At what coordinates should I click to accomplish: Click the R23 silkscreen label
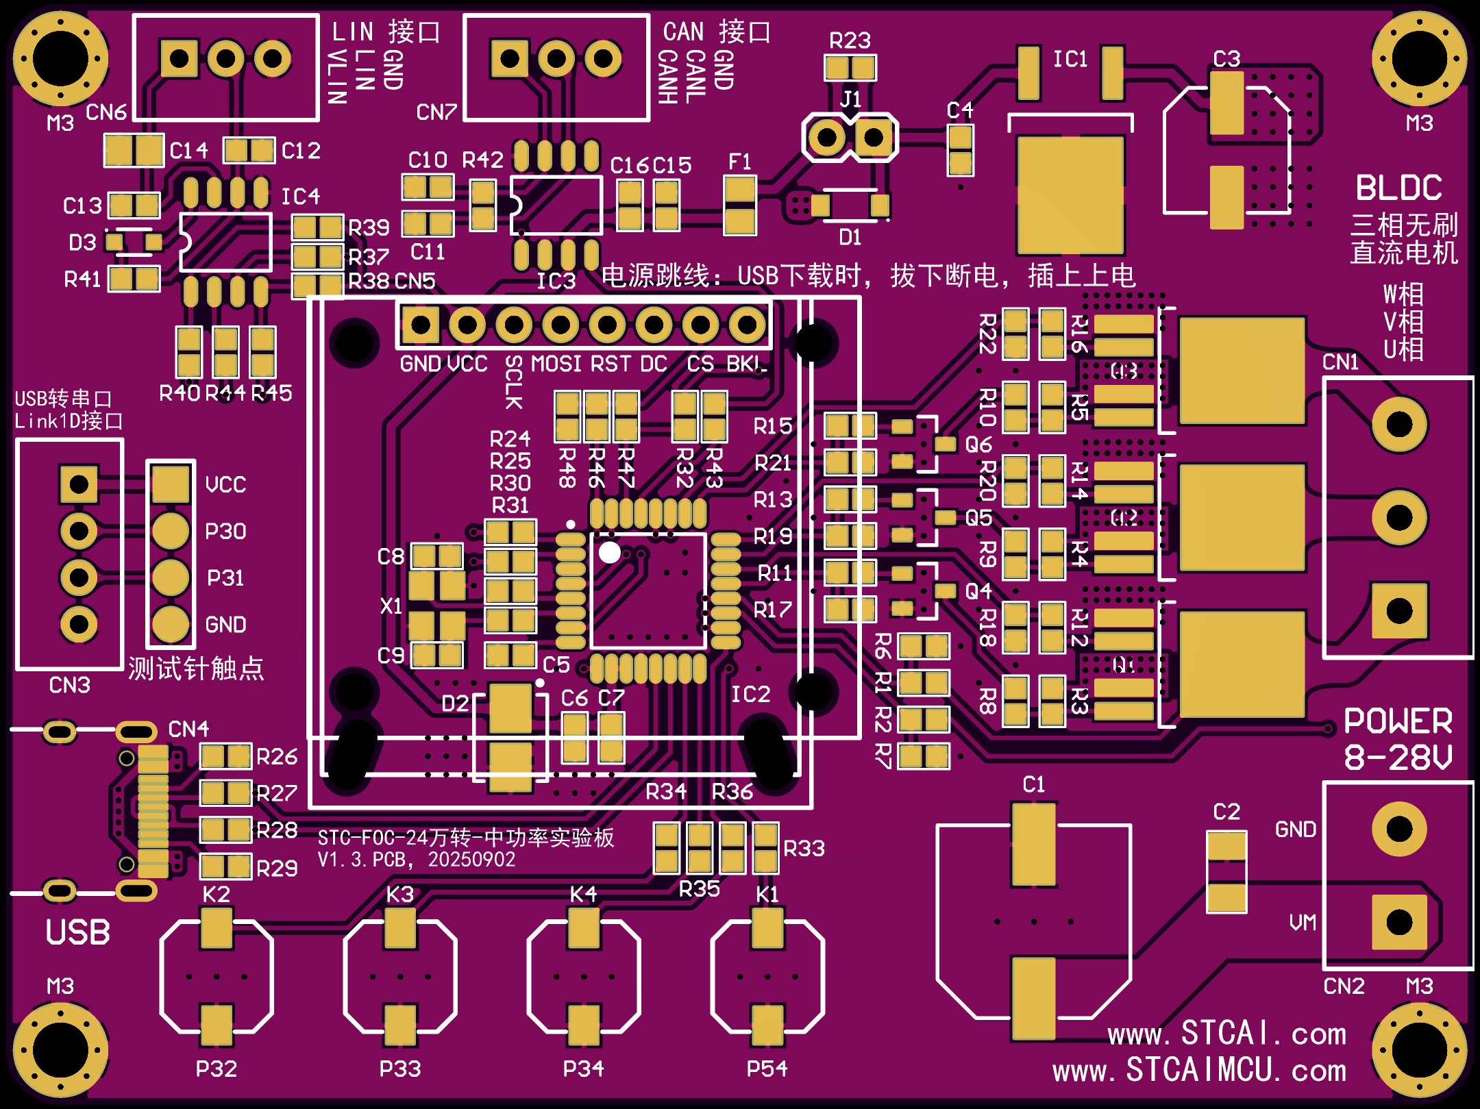850,40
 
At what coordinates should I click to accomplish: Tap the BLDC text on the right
1398,188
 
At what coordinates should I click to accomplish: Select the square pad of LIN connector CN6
179,59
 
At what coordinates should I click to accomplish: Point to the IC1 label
1070,60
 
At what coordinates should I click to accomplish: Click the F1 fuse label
740,162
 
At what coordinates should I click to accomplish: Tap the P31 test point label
225,578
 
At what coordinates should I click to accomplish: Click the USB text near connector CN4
77,932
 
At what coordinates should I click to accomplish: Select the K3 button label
400,895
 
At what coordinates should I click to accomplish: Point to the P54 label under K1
767,1069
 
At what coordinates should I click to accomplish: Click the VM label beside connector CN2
1303,923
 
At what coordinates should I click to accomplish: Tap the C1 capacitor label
1033,784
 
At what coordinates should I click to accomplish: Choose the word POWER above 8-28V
1398,721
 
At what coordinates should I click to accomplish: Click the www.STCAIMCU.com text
1199,1071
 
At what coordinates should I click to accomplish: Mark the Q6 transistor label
978,445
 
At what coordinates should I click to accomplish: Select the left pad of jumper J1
827,138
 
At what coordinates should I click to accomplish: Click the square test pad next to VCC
171,484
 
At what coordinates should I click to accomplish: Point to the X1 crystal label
391,606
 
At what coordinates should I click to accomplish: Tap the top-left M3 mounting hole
60,59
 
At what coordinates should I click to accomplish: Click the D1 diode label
850,238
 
